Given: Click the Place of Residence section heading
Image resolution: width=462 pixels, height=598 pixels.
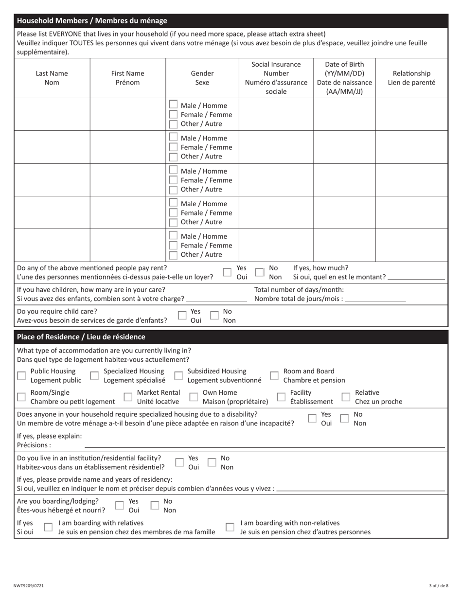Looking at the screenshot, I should pyautogui.click(x=81, y=337).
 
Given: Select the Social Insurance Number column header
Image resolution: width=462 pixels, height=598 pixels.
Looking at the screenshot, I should pyautogui.click(x=276, y=78).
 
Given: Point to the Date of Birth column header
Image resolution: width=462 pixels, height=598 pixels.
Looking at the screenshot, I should pyautogui.click(x=344, y=78).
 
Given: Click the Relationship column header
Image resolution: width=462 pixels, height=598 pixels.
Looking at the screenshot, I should pyautogui.click(x=411, y=78).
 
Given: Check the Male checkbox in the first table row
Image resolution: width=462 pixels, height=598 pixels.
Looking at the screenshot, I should pyautogui.click(x=173, y=105).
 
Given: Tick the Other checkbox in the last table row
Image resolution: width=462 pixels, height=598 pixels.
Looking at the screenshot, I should pyautogui.click(x=173, y=255).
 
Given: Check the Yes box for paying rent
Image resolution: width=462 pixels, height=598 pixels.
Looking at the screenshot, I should pyautogui.click(x=227, y=272).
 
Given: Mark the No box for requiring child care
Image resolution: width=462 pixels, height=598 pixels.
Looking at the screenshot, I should pyautogui.click(x=214, y=316).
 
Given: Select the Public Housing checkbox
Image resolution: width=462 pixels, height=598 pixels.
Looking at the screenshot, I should pyautogui.click(x=21, y=375).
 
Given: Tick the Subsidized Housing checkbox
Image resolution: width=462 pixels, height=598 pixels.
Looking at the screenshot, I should pyautogui.click(x=178, y=375).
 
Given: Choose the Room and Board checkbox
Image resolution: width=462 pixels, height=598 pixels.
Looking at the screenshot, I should pyautogui.click(x=274, y=375).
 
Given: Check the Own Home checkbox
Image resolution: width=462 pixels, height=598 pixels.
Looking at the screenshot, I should pyautogui.click(x=194, y=397).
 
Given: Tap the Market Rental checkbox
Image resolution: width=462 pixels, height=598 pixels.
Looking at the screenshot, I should pyautogui.click(x=128, y=397).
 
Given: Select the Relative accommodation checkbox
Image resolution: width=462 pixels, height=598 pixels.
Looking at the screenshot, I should pyautogui.click(x=346, y=397).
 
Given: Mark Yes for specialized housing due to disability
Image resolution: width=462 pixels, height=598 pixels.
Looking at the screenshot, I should pyautogui.click(x=312, y=418).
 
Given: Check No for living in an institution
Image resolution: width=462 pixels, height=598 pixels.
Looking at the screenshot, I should pyautogui.click(x=212, y=462).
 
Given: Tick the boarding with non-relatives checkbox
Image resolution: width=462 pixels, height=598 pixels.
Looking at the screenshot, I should pyautogui.click(x=230, y=527).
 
